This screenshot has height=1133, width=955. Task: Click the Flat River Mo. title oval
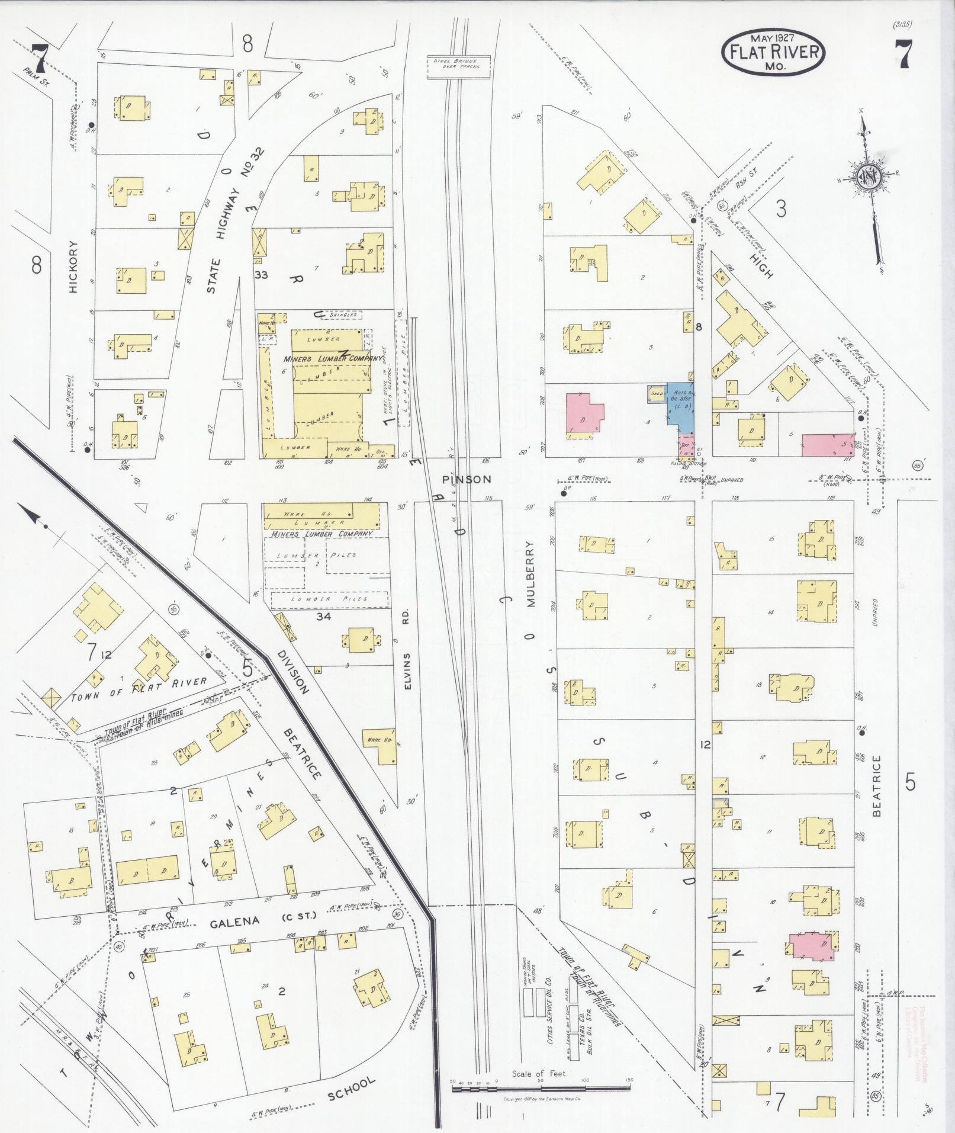coord(773,53)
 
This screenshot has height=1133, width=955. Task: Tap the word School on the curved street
coord(352,1089)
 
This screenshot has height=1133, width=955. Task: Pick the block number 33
coord(261,275)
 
